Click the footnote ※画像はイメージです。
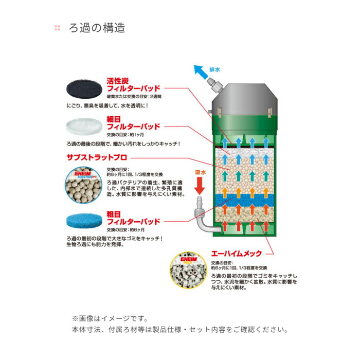[x=110, y=318]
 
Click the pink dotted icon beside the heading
[x=57, y=28]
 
